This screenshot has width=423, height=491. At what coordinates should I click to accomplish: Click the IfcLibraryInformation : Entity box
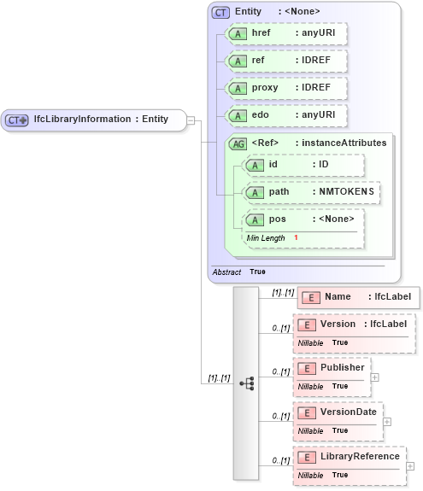pyautogui.click(x=94, y=120)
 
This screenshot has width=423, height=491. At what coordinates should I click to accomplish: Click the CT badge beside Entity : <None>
pyautogui.click(x=221, y=12)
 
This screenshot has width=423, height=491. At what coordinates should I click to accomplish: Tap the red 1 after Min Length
pyautogui.click(x=296, y=237)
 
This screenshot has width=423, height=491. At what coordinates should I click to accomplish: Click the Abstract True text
pyautogui.click(x=238, y=272)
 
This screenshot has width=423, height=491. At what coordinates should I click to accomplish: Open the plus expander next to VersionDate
pyautogui.click(x=387, y=421)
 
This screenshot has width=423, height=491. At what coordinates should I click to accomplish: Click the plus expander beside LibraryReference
pyautogui.click(x=410, y=466)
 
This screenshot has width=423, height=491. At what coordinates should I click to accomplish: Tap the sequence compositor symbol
pyautogui.click(x=247, y=384)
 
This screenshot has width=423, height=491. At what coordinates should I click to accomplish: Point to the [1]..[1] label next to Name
pyautogui.click(x=283, y=293)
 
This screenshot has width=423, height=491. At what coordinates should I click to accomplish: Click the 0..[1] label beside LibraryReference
pyautogui.click(x=280, y=462)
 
